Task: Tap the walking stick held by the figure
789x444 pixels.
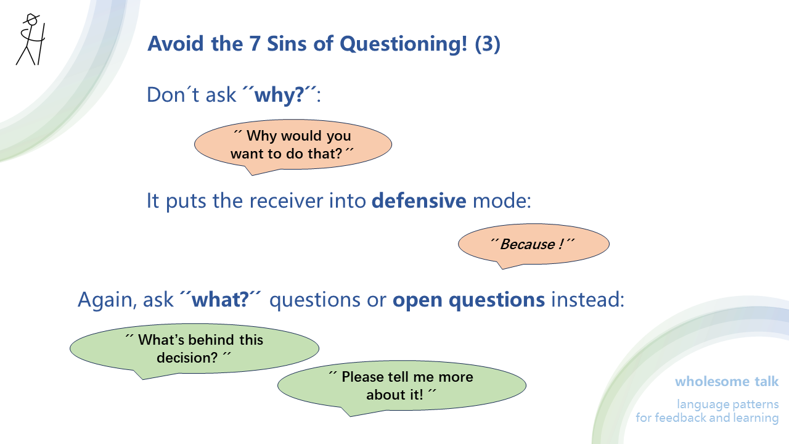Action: tap(41, 43)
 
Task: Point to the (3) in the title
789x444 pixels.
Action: tap(488, 44)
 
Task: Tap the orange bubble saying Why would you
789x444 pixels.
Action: tap(293, 145)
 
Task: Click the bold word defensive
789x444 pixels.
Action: tap(419, 201)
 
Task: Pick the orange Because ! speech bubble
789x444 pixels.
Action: tap(533, 244)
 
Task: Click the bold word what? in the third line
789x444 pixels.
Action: tap(220, 300)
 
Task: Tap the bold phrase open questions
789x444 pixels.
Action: tap(468, 300)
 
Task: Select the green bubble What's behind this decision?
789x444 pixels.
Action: tap(194, 349)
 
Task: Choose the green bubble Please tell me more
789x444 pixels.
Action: tap(401, 385)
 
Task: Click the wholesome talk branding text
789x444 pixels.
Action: tap(727, 381)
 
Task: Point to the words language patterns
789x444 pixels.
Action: tap(727, 405)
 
